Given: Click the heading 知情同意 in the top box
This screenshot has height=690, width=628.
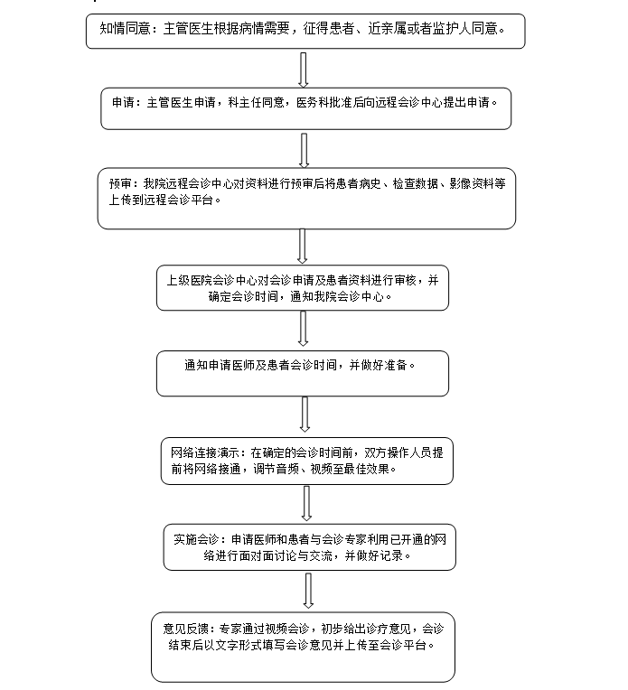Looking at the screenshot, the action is pyautogui.click(x=125, y=29).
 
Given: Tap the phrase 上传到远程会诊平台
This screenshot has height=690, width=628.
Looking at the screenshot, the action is pyautogui.click(x=161, y=200).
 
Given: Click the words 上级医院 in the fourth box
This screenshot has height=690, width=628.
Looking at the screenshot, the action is pyautogui.click(x=190, y=280).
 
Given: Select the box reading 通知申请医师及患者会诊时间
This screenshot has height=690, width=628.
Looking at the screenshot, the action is pyautogui.click(x=303, y=374).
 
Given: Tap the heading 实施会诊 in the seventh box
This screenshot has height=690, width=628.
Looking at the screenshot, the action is pyautogui.click(x=196, y=539).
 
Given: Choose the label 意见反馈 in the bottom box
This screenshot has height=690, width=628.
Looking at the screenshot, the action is pyautogui.click(x=185, y=629).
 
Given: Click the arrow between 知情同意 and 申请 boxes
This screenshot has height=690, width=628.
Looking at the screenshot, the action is pyautogui.click(x=303, y=70).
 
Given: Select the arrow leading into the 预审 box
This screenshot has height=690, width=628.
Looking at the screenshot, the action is pyautogui.click(x=304, y=151).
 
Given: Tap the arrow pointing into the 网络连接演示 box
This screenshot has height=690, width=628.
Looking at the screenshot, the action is pyautogui.click(x=305, y=414).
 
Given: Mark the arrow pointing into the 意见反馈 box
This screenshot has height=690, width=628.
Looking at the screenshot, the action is pyautogui.click(x=308, y=591).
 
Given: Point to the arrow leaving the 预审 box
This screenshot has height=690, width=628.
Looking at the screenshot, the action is pyautogui.click(x=302, y=246).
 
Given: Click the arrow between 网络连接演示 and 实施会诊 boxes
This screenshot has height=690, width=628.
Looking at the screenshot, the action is pyautogui.click(x=306, y=503).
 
